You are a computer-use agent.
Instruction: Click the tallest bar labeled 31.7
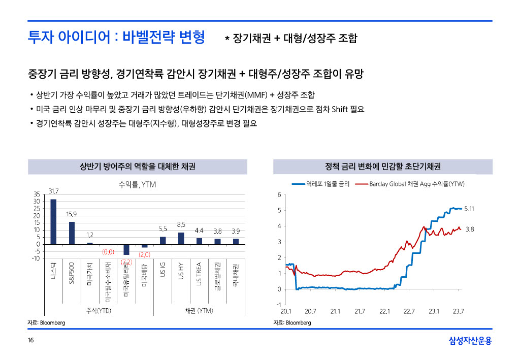(x=53, y=221)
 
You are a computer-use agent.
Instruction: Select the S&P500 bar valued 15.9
(x=72, y=233)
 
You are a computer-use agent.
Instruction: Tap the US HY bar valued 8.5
(x=181, y=238)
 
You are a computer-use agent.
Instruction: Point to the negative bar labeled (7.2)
(x=126, y=249)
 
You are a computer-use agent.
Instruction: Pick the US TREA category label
(x=199, y=274)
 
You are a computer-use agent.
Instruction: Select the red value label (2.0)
(x=145, y=254)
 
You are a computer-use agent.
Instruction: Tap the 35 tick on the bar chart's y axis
(x=36, y=194)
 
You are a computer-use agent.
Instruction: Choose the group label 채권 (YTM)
(x=198, y=310)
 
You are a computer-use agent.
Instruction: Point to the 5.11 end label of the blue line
(x=470, y=209)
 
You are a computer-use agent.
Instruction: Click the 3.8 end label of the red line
(x=470, y=230)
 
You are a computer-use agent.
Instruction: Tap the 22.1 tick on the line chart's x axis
(x=384, y=311)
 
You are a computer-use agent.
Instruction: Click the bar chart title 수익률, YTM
(x=137, y=185)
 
